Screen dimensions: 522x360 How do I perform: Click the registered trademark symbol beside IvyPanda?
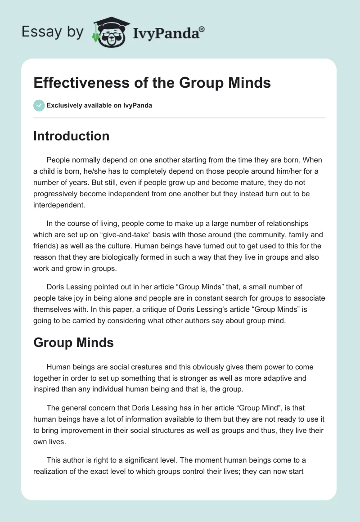click(x=202, y=29)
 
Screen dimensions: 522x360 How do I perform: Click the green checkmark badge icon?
click(x=39, y=106)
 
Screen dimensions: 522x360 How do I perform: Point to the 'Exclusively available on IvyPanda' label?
click(x=99, y=106)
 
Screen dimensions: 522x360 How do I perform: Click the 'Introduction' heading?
click(x=71, y=136)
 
